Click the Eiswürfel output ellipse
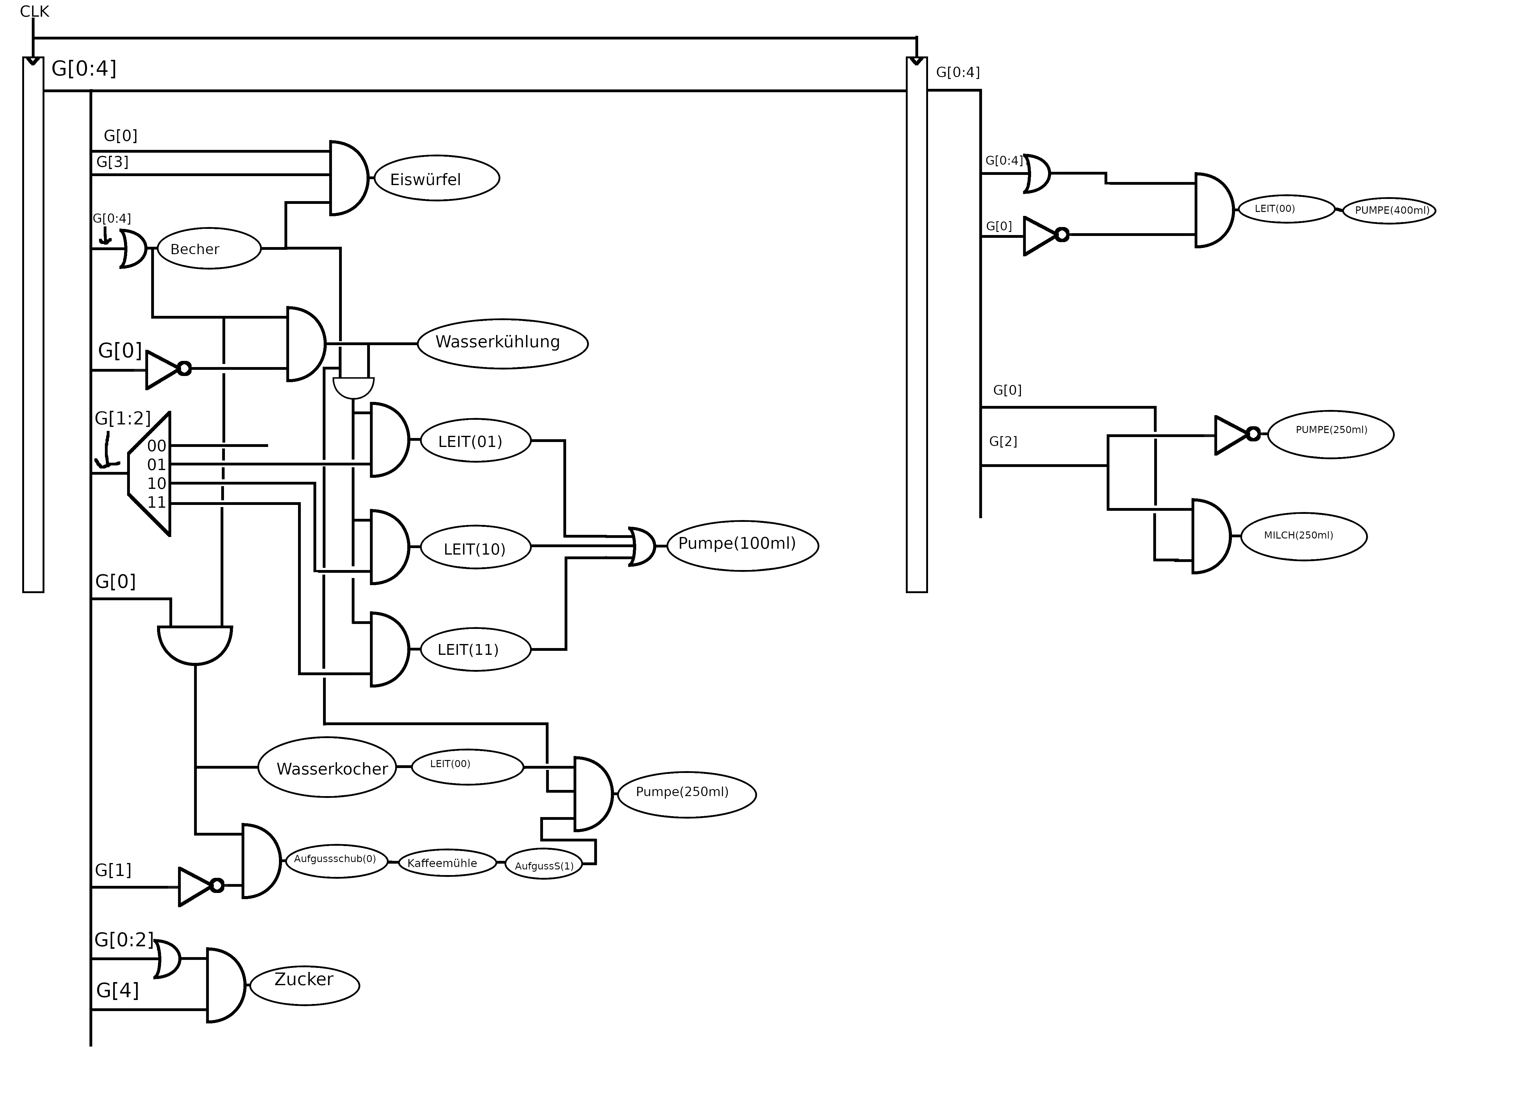pyautogui.click(x=437, y=178)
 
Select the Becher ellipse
pyautogui.click(x=209, y=248)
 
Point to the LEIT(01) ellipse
pyautogui.click(x=475, y=441)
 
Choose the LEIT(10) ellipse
pyautogui.click(x=475, y=548)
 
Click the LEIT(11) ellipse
pyautogui.click(x=475, y=649)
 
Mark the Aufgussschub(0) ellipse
pyautogui.click(x=336, y=860)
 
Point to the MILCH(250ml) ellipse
pyautogui.click(x=1303, y=536)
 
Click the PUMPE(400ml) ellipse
pyautogui.click(x=1389, y=210)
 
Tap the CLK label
pyautogui.click(x=35, y=11)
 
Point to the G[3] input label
pyautogui.click(x=112, y=162)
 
